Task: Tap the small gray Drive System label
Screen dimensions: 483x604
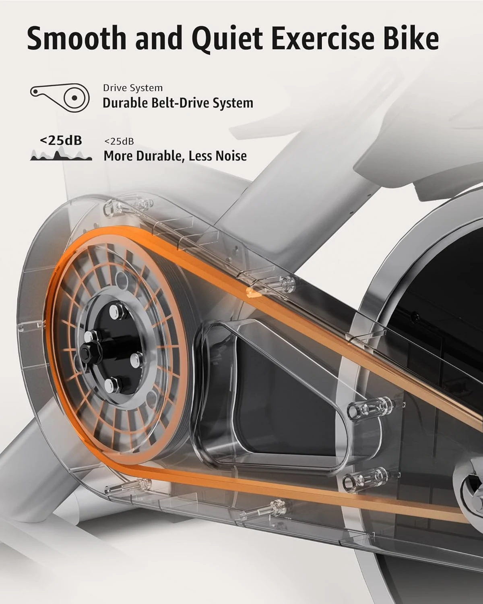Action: click(x=133, y=88)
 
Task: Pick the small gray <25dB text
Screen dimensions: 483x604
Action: click(x=119, y=141)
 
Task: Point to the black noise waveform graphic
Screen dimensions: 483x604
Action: click(x=61, y=155)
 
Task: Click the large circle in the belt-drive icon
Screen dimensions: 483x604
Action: click(x=74, y=97)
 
